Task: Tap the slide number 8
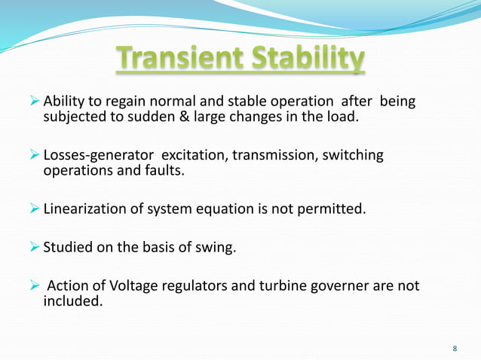455,348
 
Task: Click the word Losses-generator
96,155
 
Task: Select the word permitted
335,209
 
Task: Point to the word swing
218,246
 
